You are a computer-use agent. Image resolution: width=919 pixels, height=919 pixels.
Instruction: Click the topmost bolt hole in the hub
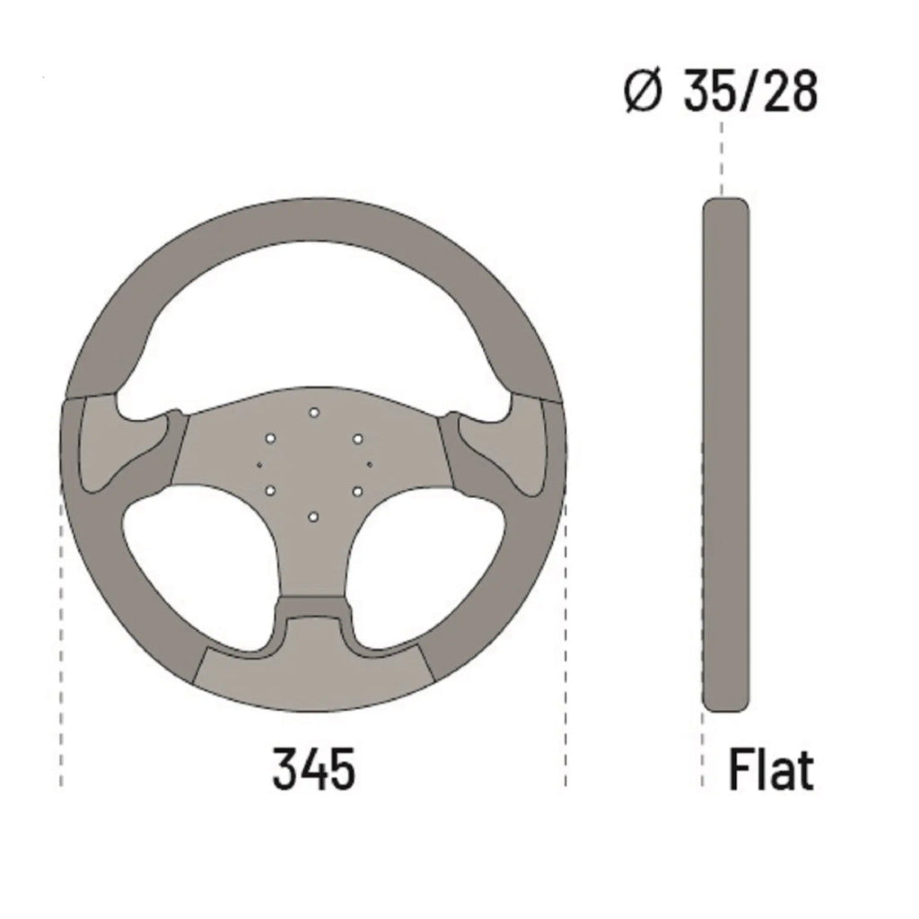tap(313, 412)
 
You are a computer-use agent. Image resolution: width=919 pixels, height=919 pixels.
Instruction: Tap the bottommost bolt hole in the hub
tap(313, 517)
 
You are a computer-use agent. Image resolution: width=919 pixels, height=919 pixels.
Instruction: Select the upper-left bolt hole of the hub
tap(269, 438)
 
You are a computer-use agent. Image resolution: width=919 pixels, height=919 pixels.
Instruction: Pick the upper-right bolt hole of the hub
tap(357, 438)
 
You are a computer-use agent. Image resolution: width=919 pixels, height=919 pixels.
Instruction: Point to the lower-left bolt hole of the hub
tap(269, 491)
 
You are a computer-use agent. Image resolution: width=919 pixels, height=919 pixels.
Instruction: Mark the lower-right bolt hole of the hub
tap(357, 491)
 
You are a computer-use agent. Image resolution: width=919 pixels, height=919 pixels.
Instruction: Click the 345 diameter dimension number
tap(313, 769)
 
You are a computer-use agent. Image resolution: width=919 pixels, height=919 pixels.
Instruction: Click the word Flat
tap(771, 770)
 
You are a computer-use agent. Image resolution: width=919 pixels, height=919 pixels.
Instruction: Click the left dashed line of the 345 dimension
tap(61, 628)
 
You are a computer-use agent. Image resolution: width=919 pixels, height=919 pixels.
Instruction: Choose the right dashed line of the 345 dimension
tap(565, 628)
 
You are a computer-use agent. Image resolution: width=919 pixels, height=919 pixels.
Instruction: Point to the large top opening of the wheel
tap(313, 323)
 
